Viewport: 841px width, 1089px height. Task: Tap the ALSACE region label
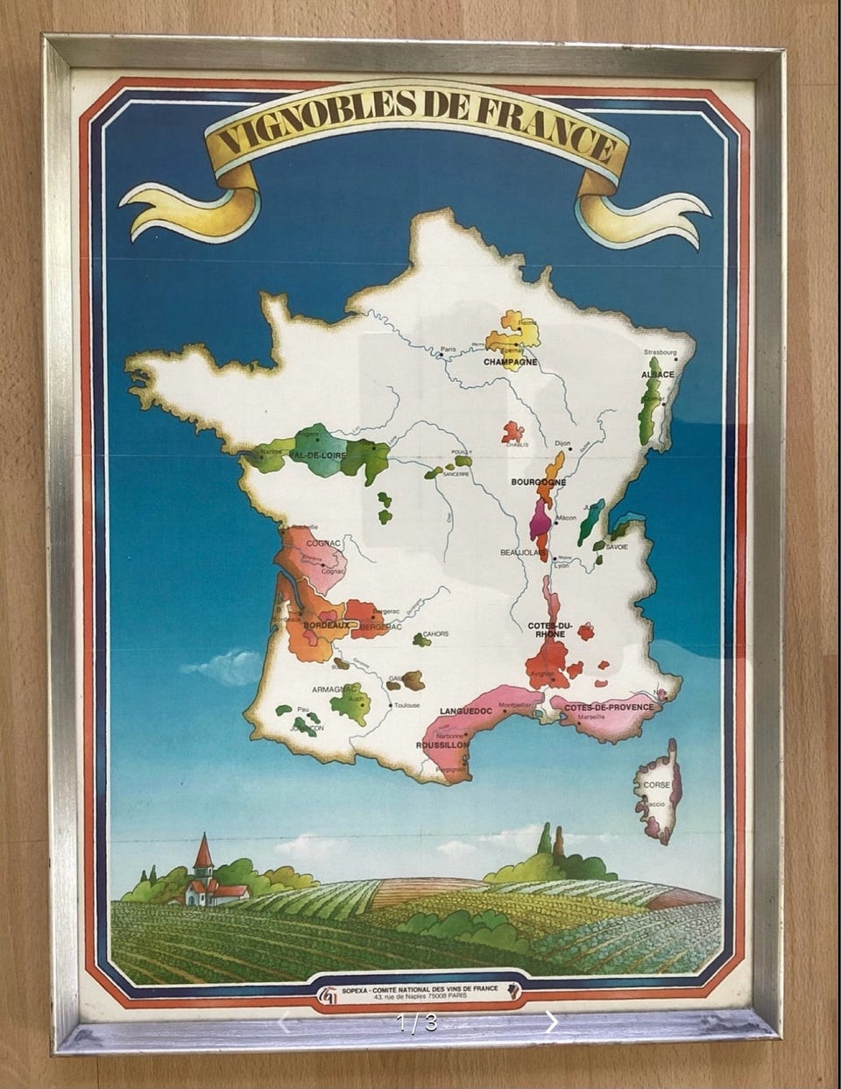point(658,374)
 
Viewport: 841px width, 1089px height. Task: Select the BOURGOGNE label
point(538,482)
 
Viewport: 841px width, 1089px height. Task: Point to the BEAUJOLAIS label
point(517,553)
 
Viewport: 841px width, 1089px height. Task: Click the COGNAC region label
point(323,543)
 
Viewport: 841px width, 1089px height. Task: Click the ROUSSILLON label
point(442,746)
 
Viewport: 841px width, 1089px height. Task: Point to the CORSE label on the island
point(656,785)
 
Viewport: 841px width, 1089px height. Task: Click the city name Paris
point(449,349)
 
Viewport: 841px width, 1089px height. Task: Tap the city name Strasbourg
point(661,352)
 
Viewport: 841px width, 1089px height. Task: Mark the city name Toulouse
point(407,705)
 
